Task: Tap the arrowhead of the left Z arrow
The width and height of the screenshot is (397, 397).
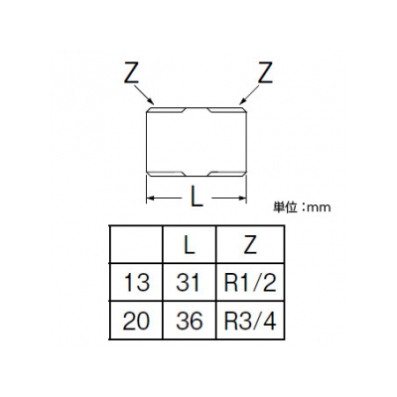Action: [151, 101]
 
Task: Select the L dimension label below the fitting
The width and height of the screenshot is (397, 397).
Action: [197, 196]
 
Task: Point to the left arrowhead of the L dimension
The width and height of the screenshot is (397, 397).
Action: [151, 198]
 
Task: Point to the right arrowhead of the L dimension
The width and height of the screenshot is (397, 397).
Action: [242, 198]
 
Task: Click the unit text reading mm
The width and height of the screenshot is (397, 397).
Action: [319, 207]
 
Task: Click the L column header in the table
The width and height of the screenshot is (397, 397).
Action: [190, 245]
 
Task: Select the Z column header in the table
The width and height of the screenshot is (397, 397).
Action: [250, 245]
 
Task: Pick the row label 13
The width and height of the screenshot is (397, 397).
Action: [137, 283]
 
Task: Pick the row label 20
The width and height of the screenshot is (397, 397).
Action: [136, 321]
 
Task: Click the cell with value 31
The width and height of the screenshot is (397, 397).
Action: [188, 283]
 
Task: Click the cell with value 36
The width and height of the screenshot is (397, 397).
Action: [190, 321]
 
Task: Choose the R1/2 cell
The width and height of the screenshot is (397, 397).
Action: [250, 283]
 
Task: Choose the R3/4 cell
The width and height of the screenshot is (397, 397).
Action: [250, 321]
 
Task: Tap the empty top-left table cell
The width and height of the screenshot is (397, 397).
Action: [136, 245]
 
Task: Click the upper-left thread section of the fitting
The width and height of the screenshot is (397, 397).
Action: [166, 110]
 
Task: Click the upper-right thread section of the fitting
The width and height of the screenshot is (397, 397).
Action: [227, 110]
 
